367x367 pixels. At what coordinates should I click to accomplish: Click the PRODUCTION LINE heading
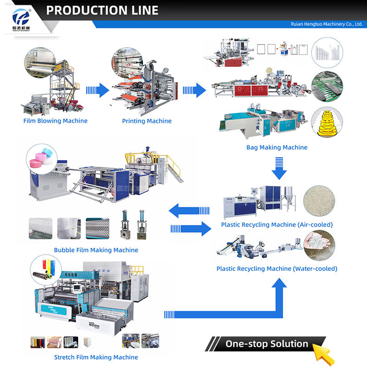102,11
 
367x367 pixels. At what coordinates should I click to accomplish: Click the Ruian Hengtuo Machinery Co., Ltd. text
327,24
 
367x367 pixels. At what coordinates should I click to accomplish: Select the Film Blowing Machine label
55,121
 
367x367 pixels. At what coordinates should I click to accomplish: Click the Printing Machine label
147,121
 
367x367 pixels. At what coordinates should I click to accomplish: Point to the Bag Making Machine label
277,147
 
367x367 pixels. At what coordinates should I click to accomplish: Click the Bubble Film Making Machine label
96,250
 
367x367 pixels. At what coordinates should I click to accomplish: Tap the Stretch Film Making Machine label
96,357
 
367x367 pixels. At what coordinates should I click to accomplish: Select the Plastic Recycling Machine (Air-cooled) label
277,225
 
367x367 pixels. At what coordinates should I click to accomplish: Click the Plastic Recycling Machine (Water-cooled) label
277,268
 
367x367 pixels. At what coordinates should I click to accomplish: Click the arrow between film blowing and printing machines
97,90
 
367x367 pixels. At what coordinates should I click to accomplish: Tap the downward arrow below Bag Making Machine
278,168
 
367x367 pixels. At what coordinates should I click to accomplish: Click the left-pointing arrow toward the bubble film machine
188,211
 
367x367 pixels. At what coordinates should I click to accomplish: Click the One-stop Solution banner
266,344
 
